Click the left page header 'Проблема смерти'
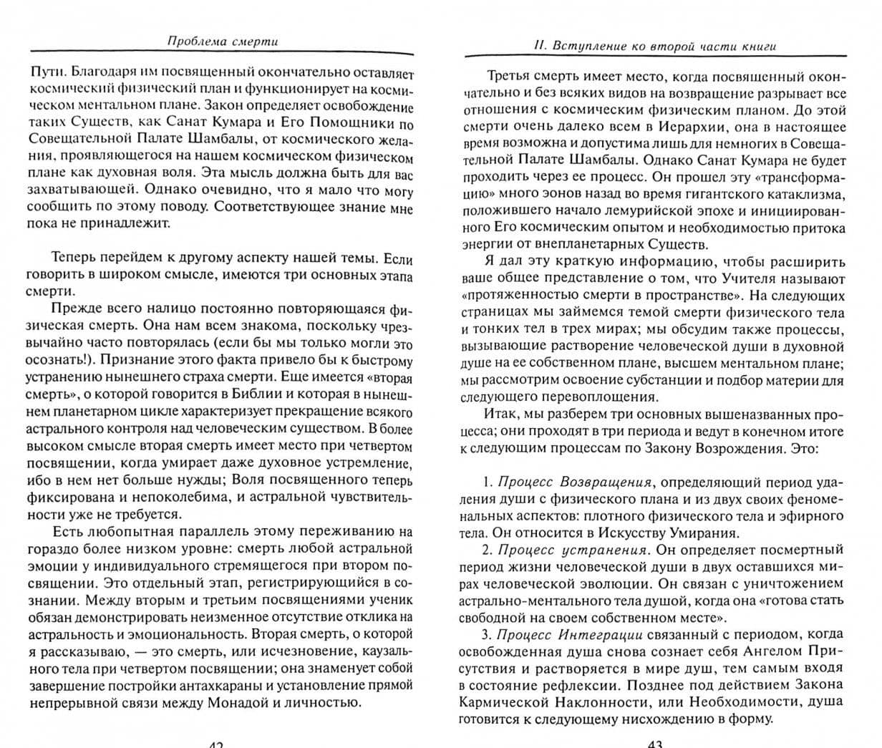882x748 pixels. pos(222,42)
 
